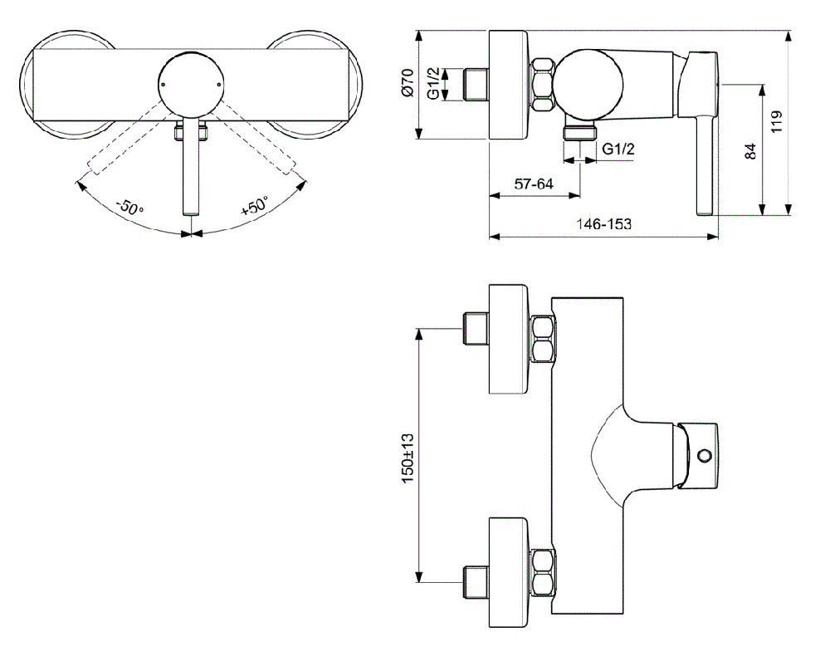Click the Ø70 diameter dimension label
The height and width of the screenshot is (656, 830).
coord(407,83)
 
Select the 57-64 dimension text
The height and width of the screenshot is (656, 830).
coord(534,184)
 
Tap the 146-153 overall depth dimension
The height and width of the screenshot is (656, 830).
coord(604,224)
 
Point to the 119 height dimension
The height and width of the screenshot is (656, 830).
coord(776,121)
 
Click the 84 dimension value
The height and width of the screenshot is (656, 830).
coord(750,151)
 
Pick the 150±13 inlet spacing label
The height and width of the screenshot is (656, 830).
coord(408,458)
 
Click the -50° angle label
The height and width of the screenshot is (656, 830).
coord(129,207)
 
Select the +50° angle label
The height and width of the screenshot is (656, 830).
coord(255,205)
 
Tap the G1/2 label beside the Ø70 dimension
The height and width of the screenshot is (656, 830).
coord(432,84)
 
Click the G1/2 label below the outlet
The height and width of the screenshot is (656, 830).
coord(618,149)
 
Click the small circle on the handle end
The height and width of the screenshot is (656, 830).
coord(705,455)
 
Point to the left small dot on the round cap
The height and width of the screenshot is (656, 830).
coord(163,84)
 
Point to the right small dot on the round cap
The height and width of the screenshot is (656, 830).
coord(218,84)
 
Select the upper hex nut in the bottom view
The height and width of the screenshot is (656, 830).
coord(543,339)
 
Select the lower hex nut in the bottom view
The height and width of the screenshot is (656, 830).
coord(543,574)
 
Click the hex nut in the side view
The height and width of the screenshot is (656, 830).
coord(543,84)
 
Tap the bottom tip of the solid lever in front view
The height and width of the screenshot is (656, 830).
coord(191,214)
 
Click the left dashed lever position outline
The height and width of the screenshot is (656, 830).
coord(125,138)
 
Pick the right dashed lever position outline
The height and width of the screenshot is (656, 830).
coord(256,138)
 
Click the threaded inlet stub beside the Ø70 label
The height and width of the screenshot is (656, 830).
coord(476,84)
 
